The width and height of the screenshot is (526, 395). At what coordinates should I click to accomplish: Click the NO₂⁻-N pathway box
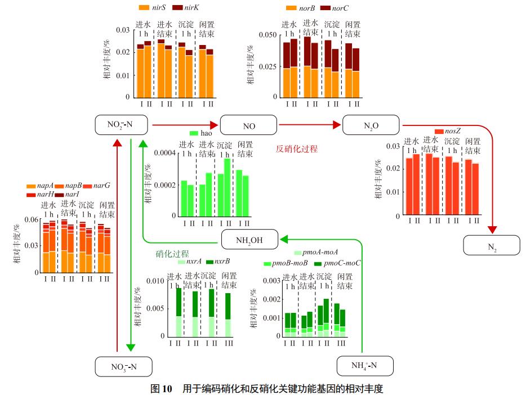point(121,124)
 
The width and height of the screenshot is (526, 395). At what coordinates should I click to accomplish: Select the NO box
point(248,124)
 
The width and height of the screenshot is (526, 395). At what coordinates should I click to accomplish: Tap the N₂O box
point(371,124)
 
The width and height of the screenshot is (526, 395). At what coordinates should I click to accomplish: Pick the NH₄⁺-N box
point(365,366)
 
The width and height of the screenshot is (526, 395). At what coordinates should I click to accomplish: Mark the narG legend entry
point(96,185)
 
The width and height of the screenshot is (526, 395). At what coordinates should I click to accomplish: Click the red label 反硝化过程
point(296,149)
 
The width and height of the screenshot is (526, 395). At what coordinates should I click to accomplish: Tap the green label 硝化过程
point(172,254)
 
